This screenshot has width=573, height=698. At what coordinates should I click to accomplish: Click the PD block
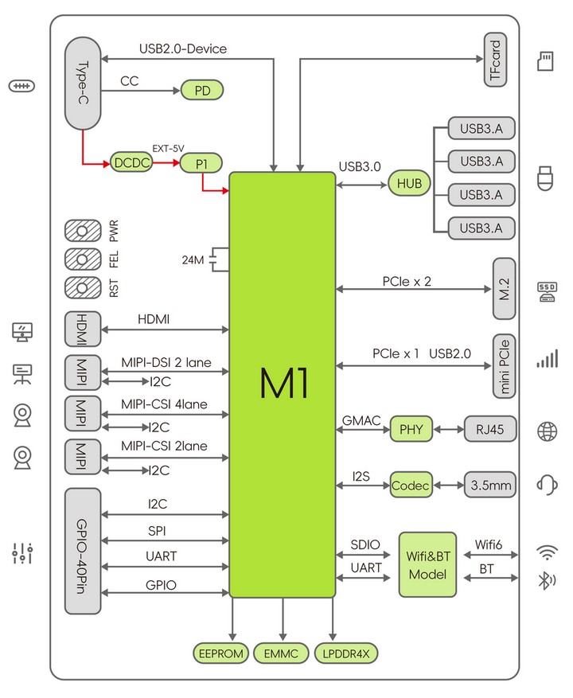tap(201, 91)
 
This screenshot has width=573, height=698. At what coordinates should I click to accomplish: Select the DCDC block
tap(131, 163)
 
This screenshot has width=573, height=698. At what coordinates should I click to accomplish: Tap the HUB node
tap(409, 183)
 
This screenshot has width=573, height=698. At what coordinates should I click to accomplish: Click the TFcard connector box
tap(495, 59)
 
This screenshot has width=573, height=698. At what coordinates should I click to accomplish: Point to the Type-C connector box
tap(83, 84)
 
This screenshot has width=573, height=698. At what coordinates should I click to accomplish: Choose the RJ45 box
tap(490, 429)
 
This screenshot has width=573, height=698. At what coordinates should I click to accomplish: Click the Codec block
tap(411, 485)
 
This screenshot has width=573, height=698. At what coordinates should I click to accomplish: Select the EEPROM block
tap(220, 653)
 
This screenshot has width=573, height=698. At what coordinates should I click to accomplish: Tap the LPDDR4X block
tap(346, 653)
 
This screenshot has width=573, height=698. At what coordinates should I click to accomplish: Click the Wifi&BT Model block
tap(428, 564)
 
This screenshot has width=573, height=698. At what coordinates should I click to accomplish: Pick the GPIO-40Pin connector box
tap(83, 551)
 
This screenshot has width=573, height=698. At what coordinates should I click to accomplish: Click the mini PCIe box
tap(504, 366)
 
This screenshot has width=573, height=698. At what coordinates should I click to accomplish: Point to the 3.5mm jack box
tap(490, 485)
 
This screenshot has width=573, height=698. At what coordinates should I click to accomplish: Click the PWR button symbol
tap(83, 231)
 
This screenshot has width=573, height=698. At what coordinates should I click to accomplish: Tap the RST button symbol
tap(83, 288)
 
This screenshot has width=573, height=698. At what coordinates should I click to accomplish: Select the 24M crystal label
tap(193, 260)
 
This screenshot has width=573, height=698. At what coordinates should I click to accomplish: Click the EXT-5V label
tap(168, 149)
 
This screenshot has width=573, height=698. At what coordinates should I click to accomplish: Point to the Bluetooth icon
tap(547, 580)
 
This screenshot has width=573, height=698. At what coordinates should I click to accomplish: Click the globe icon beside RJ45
tap(548, 431)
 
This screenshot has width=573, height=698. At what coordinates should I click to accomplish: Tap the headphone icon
tap(548, 485)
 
